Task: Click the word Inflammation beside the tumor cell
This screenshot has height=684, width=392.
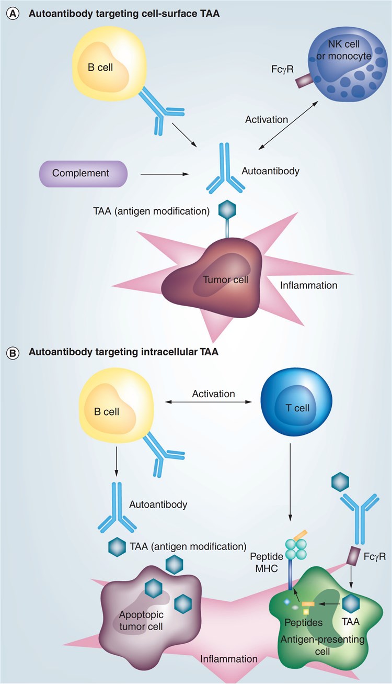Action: pyautogui.click(x=308, y=286)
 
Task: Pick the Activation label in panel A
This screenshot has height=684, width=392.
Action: pyautogui.click(x=267, y=119)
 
